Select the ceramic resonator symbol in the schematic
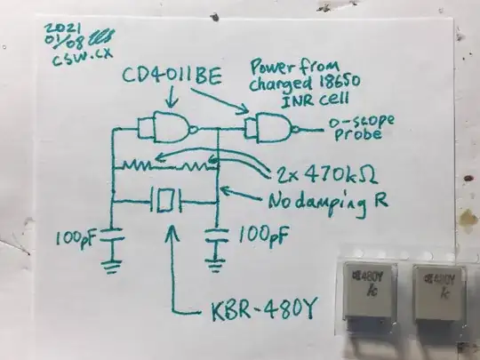pyautogui.click(x=165, y=199)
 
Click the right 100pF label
pyautogui.click(x=261, y=236)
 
